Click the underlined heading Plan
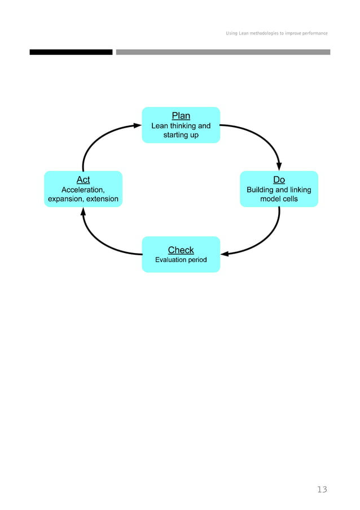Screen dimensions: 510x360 (x=181, y=116)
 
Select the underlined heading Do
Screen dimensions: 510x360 (x=279, y=180)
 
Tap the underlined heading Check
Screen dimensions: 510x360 (x=181, y=250)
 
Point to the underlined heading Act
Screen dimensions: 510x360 (x=83, y=180)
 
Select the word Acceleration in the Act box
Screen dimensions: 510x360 (x=82, y=190)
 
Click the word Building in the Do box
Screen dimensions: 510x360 (x=260, y=190)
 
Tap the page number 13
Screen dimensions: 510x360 (x=322, y=490)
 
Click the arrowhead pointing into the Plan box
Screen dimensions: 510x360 (x=137, y=126)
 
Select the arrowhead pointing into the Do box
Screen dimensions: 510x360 (x=279, y=166)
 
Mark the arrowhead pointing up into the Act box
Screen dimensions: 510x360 (x=83, y=211)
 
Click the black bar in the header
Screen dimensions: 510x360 (x=71, y=52)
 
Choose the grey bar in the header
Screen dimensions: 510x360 (x=223, y=52)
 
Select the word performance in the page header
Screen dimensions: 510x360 (x=314, y=33)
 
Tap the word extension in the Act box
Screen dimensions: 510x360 (x=102, y=199)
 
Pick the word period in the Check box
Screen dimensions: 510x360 (x=197, y=260)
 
